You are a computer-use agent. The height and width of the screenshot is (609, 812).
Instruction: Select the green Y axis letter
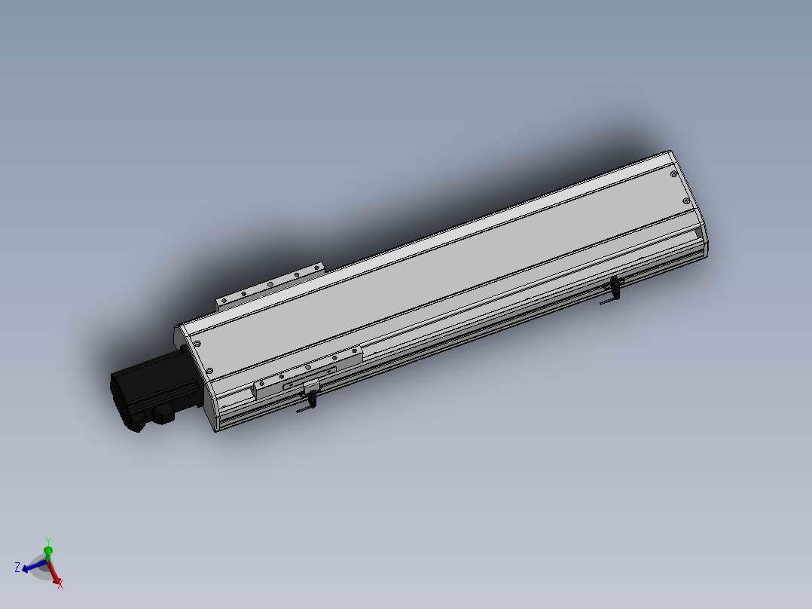coord(47,541)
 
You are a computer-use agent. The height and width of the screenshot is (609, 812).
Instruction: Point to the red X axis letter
coord(60,584)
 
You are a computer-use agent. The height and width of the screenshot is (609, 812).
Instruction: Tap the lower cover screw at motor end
coord(209,370)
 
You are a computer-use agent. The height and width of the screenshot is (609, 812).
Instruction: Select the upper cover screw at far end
coord(672,173)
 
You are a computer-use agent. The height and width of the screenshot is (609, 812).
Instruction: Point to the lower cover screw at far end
coord(685,200)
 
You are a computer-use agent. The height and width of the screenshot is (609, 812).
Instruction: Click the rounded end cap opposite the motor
coord(698,211)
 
